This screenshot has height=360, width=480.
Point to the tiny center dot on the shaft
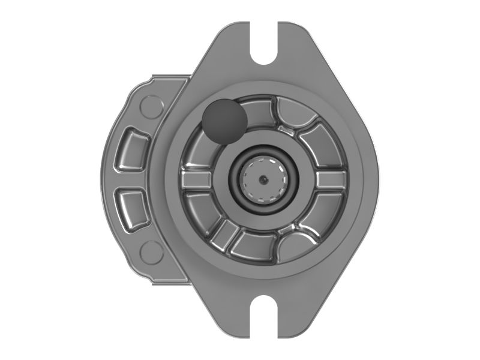pos(263,178)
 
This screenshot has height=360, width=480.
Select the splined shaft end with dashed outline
pos(263,179)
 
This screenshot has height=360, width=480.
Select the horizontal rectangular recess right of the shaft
pos(331,179)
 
